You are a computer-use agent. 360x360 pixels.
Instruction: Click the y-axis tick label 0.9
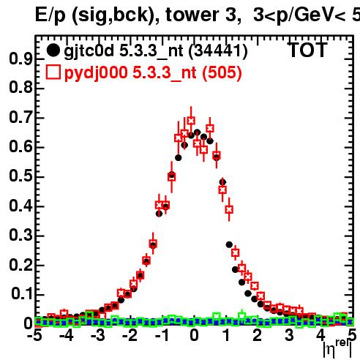[x=20, y=59]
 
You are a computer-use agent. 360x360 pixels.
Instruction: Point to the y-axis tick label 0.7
[x=20, y=117]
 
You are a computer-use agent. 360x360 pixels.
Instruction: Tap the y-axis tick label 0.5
[x=20, y=176]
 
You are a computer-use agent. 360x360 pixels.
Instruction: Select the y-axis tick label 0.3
[x=20, y=235]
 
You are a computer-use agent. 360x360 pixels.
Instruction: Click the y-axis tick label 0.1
[x=21, y=294]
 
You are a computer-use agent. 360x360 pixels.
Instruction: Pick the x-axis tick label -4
[x=66, y=335]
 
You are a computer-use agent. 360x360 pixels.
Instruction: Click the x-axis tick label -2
[x=130, y=335]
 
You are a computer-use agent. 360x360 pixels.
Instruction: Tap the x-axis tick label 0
[x=194, y=335]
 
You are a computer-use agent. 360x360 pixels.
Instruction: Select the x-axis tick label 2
[x=258, y=335]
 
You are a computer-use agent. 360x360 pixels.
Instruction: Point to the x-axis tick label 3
[x=289, y=335]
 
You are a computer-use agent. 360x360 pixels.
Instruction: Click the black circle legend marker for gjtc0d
[x=53, y=50]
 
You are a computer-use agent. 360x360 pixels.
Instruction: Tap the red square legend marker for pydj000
[x=53, y=72]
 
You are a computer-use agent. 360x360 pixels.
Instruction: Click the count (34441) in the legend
[x=218, y=51]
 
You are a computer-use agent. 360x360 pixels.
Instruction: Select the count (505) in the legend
[x=222, y=72]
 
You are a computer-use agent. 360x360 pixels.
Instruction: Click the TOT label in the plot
[x=307, y=50]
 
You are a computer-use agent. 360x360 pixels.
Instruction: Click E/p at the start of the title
[x=50, y=15]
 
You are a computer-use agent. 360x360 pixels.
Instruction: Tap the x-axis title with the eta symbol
[x=338, y=348]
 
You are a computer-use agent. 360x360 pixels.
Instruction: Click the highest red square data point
[x=191, y=121]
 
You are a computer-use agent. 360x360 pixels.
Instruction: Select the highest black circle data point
[x=198, y=132]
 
